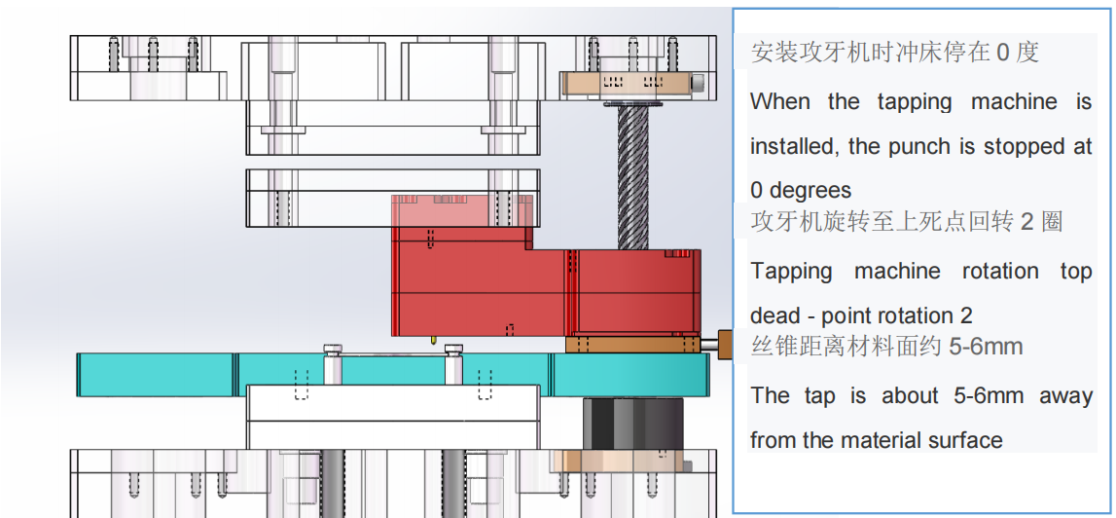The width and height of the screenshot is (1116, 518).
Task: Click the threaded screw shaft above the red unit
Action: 633,175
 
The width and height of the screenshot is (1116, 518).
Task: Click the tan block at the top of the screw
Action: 628,85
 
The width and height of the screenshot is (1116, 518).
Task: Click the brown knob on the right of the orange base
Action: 724,344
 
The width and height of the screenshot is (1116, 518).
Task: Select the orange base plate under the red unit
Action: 631,344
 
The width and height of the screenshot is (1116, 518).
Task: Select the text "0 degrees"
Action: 801,190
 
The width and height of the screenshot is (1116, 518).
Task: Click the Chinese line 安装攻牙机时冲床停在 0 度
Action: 894,52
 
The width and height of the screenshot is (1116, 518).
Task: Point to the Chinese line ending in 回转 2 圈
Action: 906,221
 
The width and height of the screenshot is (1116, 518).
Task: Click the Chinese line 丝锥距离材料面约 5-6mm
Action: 886,346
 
